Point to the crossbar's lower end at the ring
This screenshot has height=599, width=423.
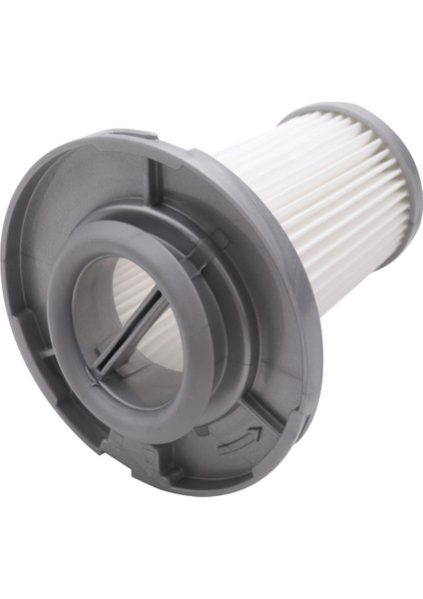point(97,370)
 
